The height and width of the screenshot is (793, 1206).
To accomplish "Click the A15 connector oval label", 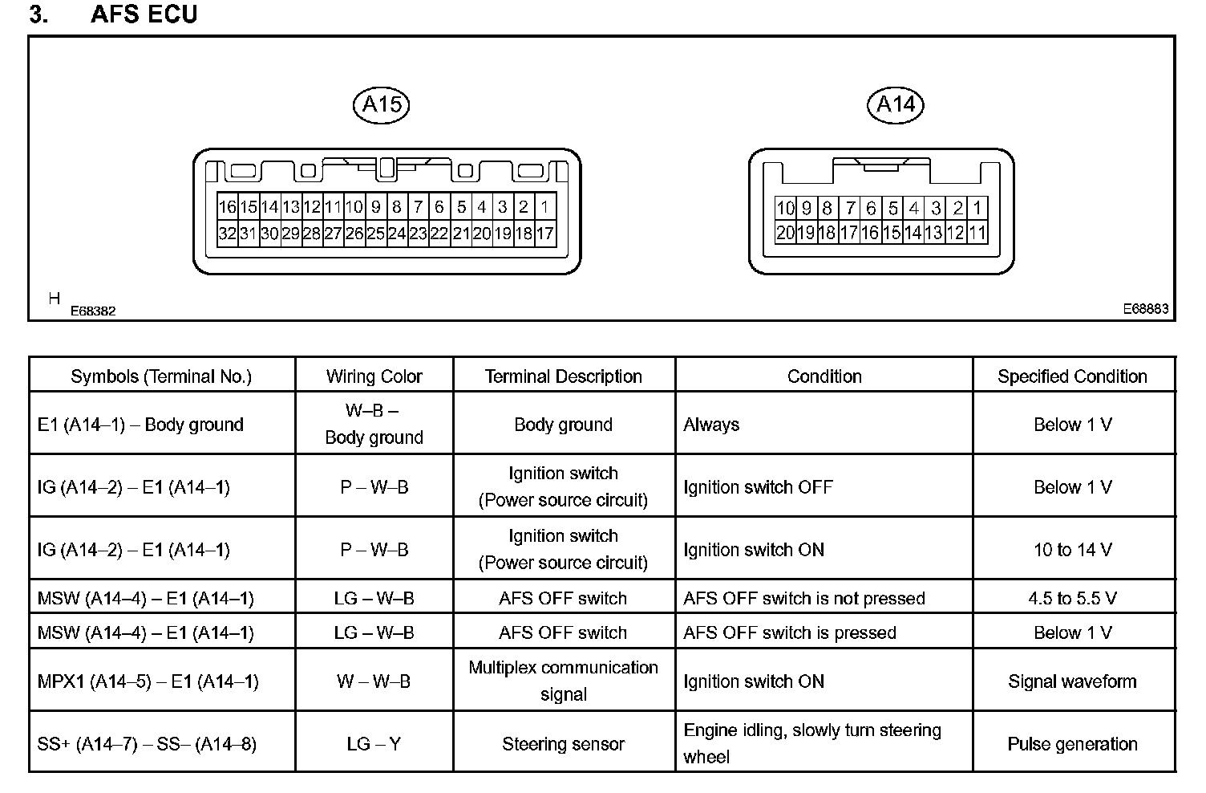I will (x=381, y=105).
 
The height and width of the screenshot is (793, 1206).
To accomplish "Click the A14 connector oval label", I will (x=896, y=105).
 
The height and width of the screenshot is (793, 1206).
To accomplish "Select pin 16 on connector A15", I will (x=228, y=207).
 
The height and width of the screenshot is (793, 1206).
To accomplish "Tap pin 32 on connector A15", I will (x=228, y=234).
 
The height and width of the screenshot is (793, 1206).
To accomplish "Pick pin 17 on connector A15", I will (x=544, y=234).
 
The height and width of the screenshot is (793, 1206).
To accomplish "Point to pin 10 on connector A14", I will (x=785, y=208).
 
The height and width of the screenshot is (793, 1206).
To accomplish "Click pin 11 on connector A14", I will (x=977, y=233).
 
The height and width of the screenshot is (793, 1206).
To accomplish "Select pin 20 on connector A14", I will (x=785, y=233).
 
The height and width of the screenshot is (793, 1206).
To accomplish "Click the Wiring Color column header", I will (x=374, y=376).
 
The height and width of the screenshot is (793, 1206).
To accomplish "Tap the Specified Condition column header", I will (x=1072, y=376).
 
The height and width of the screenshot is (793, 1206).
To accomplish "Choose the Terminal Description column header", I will (x=563, y=376).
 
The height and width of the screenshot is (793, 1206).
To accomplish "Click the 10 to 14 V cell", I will (x=1072, y=550).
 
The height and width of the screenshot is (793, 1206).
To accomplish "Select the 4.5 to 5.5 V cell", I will (x=1072, y=598).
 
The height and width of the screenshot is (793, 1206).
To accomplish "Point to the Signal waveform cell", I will (x=1072, y=681).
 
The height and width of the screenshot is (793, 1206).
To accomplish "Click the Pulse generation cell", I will (x=1072, y=744).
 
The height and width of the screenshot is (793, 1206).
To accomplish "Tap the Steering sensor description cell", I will (x=563, y=744).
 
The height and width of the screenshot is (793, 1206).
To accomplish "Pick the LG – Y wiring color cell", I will (x=374, y=744).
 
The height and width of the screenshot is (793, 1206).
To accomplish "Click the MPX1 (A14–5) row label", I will (x=148, y=681).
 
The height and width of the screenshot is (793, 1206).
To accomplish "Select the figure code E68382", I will (x=93, y=311).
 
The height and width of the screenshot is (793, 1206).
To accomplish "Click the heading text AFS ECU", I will (x=144, y=14).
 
